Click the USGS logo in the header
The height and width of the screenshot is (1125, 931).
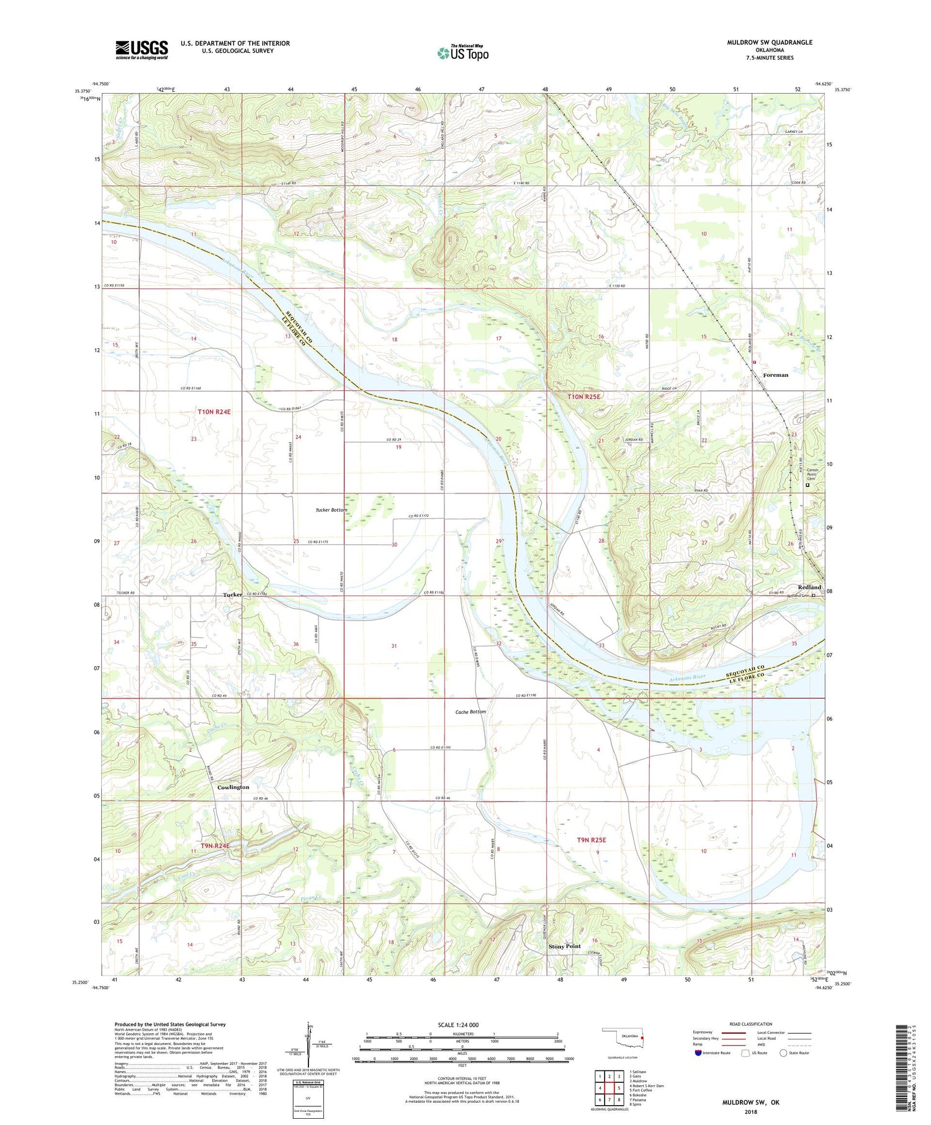pyautogui.click(x=142, y=50)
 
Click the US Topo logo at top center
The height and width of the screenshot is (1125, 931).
pyautogui.click(x=462, y=53)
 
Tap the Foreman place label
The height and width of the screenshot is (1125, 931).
pyautogui.click(x=775, y=375)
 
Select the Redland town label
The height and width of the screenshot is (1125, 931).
pyautogui.click(x=809, y=587)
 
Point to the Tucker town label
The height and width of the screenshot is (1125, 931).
pyautogui.click(x=233, y=594)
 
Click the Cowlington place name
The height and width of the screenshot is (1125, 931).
pyautogui.click(x=233, y=787)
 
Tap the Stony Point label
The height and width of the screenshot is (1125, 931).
pyautogui.click(x=564, y=946)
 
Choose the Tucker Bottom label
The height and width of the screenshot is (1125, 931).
pyautogui.click(x=331, y=509)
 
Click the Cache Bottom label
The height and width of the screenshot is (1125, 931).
pyautogui.click(x=470, y=712)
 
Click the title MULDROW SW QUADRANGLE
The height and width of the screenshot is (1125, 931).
pyautogui.click(x=769, y=42)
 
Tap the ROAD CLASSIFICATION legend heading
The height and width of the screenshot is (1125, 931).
pyautogui.click(x=750, y=1024)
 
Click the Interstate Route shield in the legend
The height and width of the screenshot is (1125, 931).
pyautogui.click(x=698, y=1052)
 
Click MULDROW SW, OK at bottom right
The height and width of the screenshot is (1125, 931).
pyautogui.click(x=750, y=1102)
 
